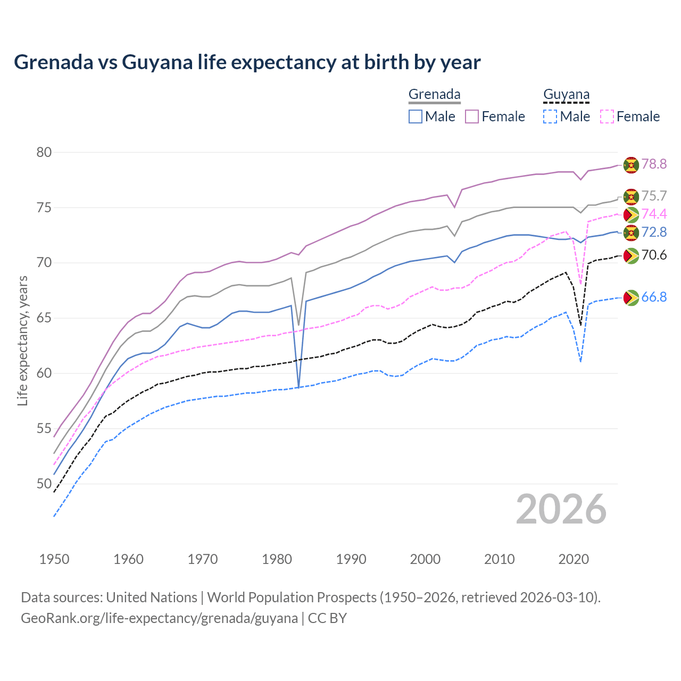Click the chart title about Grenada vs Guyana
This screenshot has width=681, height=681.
(x=247, y=62)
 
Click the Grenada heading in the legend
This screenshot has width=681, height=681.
(x=434, y=94)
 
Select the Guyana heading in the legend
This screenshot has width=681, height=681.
(x=566, y=94)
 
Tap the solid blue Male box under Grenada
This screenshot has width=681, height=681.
(x=416, y=117)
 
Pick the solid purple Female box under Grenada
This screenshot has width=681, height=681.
(x=472, y=117)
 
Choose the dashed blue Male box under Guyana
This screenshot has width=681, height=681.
(x=550, y=117)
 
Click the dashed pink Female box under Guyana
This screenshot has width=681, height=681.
(x=607, y=117)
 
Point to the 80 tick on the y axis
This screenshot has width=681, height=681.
(x=44, y=152)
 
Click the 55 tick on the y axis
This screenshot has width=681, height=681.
(x=44, y=429)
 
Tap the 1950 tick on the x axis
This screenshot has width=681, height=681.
(x=54, y=559)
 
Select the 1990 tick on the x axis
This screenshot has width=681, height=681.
(x=351, y=559)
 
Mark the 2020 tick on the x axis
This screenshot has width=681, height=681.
(x=574, y=559)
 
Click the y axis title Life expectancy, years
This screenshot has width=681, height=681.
(x=22, y=340)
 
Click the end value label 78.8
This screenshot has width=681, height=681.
(x=654, y=164)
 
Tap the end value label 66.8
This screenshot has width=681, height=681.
(x=654, y=297)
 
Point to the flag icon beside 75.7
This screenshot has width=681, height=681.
(x=631, y=196)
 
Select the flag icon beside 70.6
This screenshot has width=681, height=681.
(x=631, y=255)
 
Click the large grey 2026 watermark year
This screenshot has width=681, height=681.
(x=561, y=509)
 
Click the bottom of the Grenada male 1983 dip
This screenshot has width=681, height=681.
(x=298, y=387)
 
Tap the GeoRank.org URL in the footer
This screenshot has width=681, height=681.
(x=159, y=618)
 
